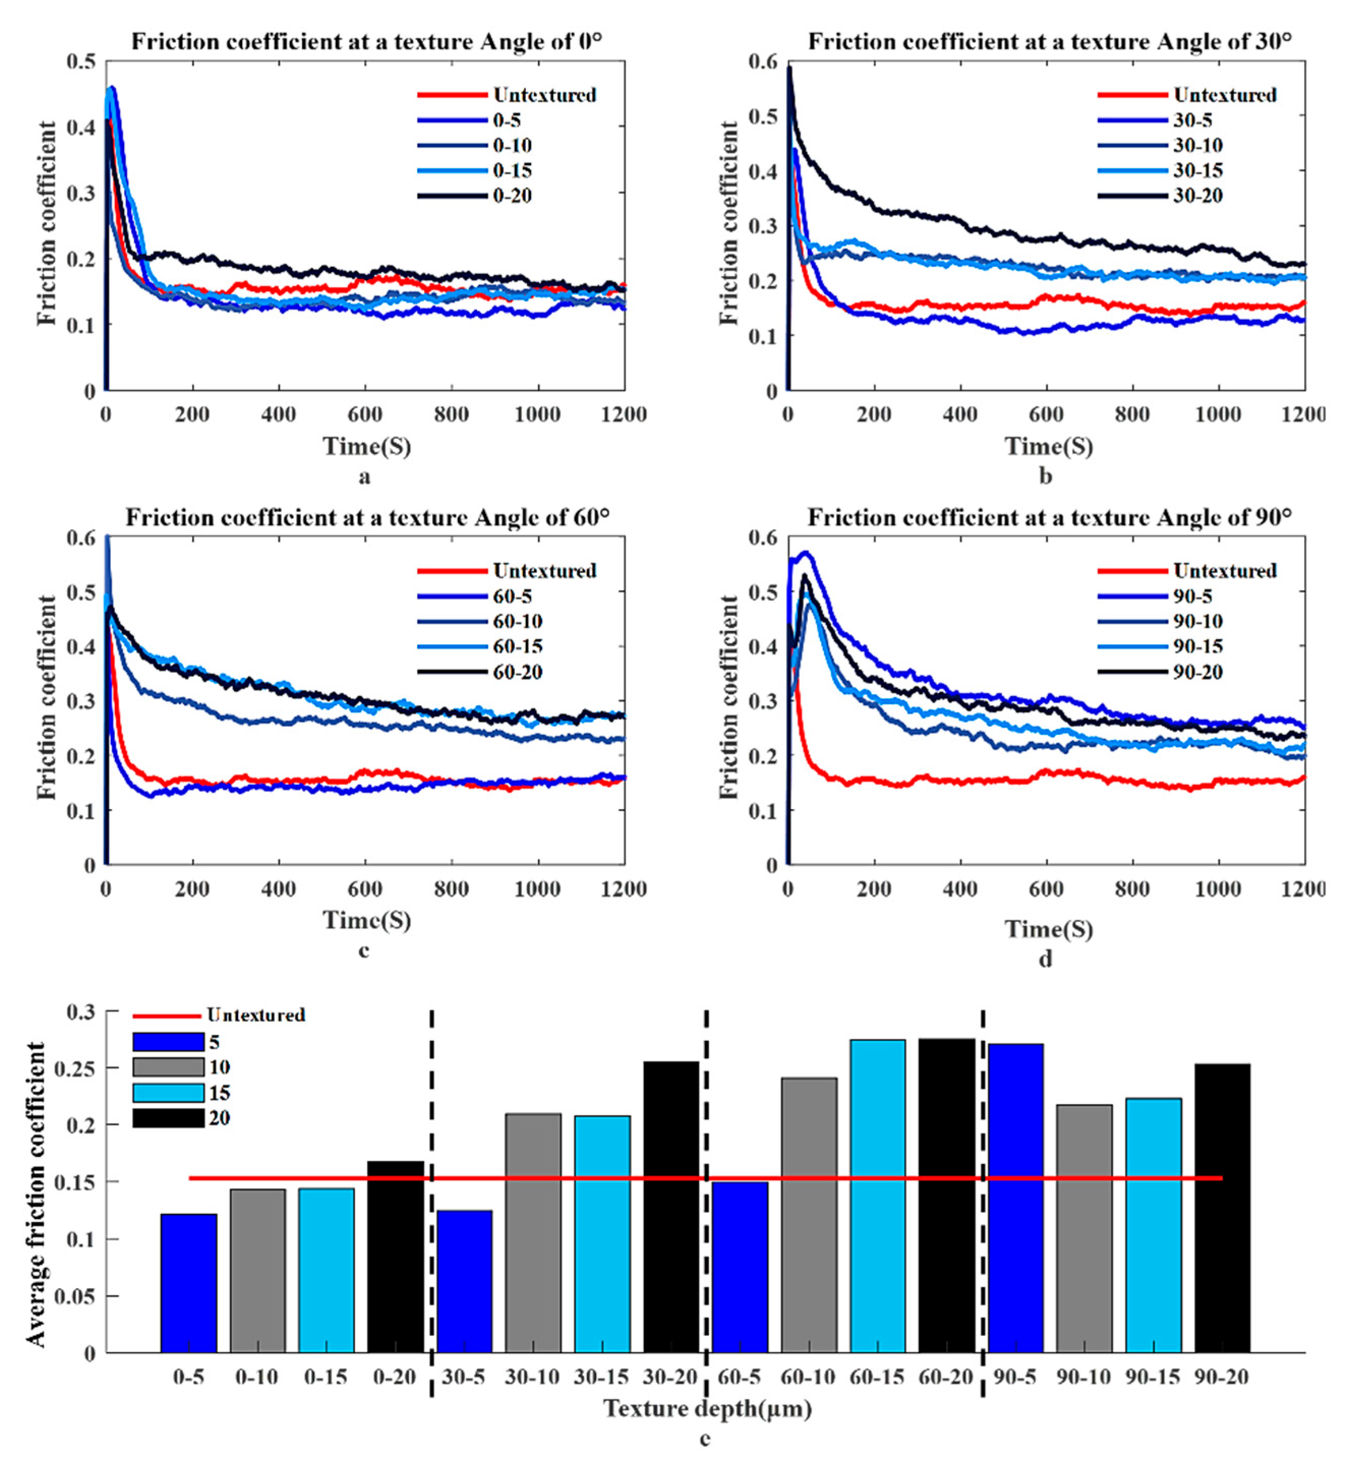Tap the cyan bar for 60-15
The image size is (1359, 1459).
click(877, 1196)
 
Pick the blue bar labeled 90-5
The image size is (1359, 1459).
click(1015, 1198)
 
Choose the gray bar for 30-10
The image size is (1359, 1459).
click(533, 1233)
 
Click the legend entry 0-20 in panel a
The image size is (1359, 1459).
click(512, 196)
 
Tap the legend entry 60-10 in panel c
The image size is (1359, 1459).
click(517, 621)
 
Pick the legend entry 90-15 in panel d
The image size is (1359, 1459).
click(1197, 646)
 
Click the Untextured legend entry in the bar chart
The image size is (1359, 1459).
click(255, 1015)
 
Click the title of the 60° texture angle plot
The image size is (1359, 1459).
click(367, 518)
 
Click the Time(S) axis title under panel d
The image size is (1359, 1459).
click(1048, 929)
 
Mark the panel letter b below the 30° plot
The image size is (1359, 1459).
click(1046, 477)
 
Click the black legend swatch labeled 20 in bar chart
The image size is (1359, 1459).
click(168, 1118)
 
